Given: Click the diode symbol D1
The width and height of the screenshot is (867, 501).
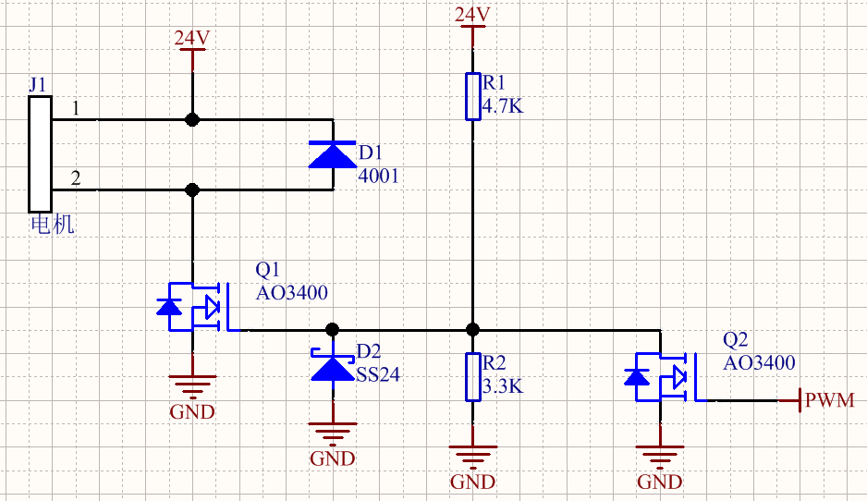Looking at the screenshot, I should point(332,154).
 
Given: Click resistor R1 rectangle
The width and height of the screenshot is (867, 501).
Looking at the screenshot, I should point(472,96).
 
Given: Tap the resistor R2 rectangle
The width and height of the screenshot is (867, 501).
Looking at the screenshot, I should point(472,376).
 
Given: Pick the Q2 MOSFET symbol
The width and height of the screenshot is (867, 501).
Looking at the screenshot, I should point(662,377).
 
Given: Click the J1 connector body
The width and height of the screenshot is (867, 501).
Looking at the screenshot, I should point(40,153).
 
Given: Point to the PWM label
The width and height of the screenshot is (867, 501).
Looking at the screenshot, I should point(829,401).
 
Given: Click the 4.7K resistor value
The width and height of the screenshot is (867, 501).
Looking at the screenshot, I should point(503,105).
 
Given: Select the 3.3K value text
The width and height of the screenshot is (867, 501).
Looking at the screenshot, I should point(503,386).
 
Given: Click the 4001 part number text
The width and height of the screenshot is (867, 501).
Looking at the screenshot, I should point(378,175).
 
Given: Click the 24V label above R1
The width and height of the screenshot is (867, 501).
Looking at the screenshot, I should point(472,15).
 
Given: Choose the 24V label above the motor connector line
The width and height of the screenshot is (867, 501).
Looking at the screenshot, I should point(192,38).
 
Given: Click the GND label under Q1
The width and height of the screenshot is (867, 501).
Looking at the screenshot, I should point(192,411).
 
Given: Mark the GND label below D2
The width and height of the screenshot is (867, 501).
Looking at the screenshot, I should point(332,458).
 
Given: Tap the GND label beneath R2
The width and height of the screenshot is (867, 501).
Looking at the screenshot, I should point(472,482).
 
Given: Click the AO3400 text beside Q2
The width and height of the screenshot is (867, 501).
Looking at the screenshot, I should point(759,363).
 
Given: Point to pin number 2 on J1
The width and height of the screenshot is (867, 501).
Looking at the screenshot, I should point(76,178).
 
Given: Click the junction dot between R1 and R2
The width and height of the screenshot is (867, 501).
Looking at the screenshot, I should point(472,329).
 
